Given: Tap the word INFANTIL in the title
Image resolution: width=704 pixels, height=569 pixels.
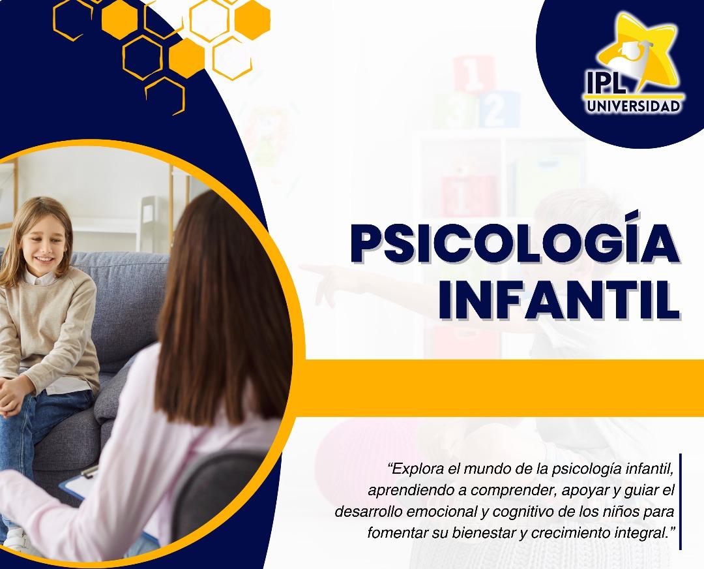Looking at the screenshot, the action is point(559,299).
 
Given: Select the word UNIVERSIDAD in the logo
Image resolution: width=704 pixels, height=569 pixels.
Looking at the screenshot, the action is point(634,106).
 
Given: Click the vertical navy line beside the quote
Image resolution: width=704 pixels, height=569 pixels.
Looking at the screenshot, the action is point(680,501).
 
